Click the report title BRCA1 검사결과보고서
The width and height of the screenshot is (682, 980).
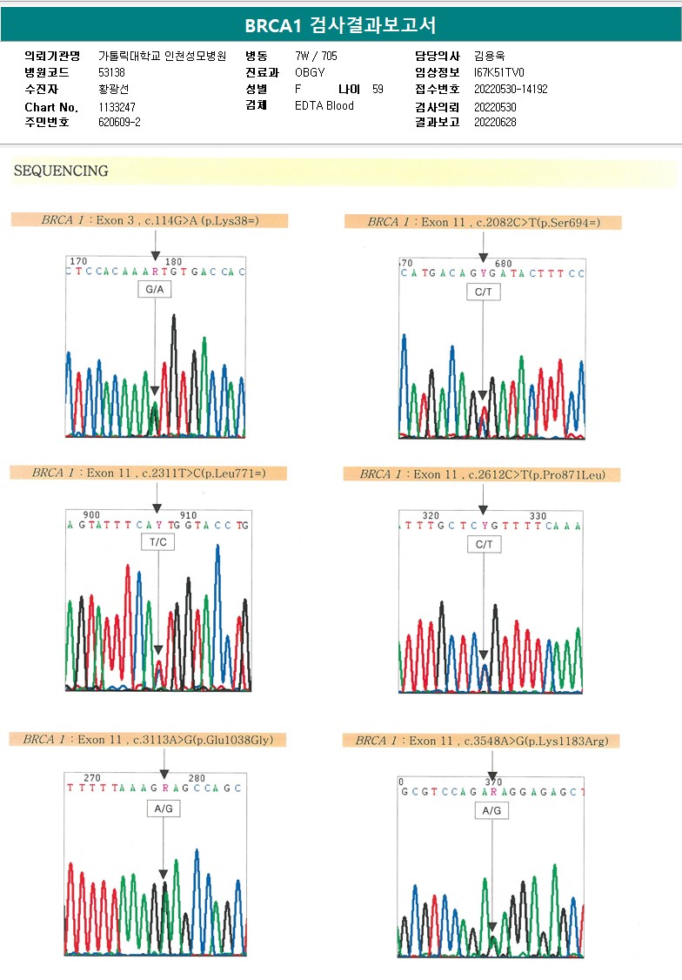click(x=340, y=25)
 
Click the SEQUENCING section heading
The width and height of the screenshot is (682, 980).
click(x=61, y=171)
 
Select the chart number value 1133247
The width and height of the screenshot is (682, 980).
click(x=117, y=107)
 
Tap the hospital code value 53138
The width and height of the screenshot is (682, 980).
click(x=111, y=72)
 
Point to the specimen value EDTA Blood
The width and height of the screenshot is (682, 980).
click(x=324, y=105)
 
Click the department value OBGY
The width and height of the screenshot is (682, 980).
click(x=310, y=72)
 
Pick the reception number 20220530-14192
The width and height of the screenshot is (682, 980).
click(x=511, y=89)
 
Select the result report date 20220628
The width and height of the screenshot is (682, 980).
click(x=495, y=122)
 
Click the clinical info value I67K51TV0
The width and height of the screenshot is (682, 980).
click(x=499, y=72)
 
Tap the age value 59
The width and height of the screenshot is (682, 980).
click(x=378, y=89)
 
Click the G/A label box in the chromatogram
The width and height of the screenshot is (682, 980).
click(x=155, y=289)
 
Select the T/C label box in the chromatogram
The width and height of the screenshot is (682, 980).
click(x=157, y=541)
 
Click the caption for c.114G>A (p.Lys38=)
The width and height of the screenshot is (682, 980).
click(x=150, y=220)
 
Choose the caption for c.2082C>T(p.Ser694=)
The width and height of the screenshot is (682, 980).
click(x=483, y=222)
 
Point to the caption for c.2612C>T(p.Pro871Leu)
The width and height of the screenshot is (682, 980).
click(x=481, y=474)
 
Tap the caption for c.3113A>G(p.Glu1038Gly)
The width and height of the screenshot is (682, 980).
click(x=148, y=740)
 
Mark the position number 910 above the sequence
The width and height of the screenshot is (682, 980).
click(x=188, y=515)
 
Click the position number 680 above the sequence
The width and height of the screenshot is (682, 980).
click(x=504, y=263)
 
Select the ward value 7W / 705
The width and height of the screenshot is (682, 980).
click(x=317, y=56)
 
